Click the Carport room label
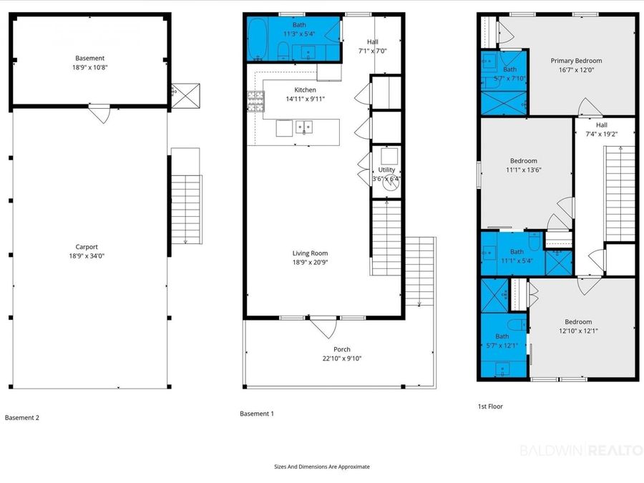pyautogui.click(x=87, y=247)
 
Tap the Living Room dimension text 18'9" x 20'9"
pyautogui.click(x=310, y=263)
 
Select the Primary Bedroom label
pyautogui.click(x=576, y=61)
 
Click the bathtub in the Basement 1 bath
pyautogui.click(x=258, y=39)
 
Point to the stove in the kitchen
pyautogui.click(x=255, y=102)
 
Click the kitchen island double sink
pyautogui.click(x=304, y=127)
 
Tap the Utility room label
pyautogui.click(x=386, y=170)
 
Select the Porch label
pyautogui.click(x=342, y=349)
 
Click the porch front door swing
pyautogui.click(x=324, y=327)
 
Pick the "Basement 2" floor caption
pyautogui.click(x=22, y=418)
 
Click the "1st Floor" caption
pyautogui.click(x=490, y=406)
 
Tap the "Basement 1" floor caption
pyautogui.click(x=257, y=414)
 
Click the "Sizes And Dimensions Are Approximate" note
pyautogui.click(x=322, y=467)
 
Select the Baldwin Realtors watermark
pyautogui.click(x=582, y=450)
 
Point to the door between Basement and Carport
pyautogui.click(x=99, y=114)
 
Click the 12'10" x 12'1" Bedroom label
pyautogui.click(x=578, y=326)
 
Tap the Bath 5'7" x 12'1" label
pyautogui.click(x=502, y=341)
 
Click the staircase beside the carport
pyautogui.click(x=186, y=210)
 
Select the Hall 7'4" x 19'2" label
pyautogui.click(x=602, y=130)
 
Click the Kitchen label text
pyautogui.click(x=305, y=90)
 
